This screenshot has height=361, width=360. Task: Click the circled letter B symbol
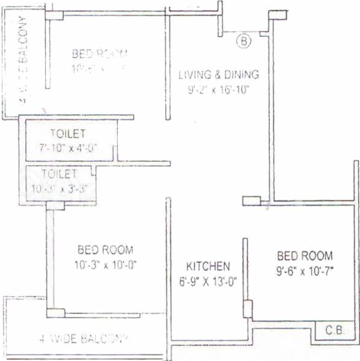pyautogui.click(x=243, y=42)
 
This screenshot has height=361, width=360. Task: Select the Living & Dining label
pyautogui.click(x=219, y=75)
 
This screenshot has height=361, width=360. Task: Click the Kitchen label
pyautogui.click(x=208, y=265)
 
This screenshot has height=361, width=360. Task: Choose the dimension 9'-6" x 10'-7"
pyautogui.click(x=305, y=271)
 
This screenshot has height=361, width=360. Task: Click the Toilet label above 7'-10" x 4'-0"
pyautogui.click(x=67, y=133)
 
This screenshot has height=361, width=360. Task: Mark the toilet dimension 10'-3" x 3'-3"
pyautogui.click(x=60, y=188)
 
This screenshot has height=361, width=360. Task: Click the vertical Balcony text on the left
pyautogui.click(x=23, y=60)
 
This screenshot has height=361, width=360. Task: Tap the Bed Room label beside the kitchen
pyautogui.click(x=305, y=256)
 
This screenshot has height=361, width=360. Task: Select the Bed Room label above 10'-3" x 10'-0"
pyautogui.click(x=105, y=250)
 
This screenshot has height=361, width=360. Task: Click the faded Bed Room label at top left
pyautogui.click(x=100, y=54)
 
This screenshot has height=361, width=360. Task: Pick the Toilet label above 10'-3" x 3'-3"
pyautogui.click(x=59, y=174)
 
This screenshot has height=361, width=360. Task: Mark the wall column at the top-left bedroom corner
pyautogui.click(x=54, y=15)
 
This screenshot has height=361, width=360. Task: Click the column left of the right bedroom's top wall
pyautogui.click(x=251, y=201)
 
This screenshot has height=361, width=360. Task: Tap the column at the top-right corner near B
pyautogui.click(x=277, y=14)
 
